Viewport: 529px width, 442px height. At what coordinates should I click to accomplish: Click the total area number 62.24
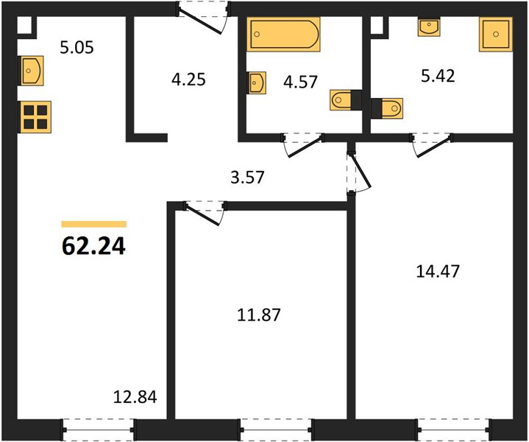[x=93, y=245]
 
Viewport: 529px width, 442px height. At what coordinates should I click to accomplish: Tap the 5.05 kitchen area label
[x=77, y=47]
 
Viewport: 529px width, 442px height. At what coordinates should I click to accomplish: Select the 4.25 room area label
[x=188, y=80]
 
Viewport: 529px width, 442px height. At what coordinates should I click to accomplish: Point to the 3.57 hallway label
[x=247, y=177]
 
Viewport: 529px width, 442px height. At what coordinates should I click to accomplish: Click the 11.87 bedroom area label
[x=259, y=315]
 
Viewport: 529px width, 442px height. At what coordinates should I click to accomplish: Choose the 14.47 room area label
[x=438, y=271]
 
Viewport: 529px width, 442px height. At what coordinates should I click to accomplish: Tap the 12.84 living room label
[x=135, y=397]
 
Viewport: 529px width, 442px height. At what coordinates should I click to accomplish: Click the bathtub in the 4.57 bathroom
[x=283, y=34]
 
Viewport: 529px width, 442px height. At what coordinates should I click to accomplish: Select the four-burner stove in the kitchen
[x=35, y=117]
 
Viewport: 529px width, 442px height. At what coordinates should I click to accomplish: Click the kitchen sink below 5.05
[x=31, y=71]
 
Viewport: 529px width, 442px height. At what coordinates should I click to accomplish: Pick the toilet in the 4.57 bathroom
[x=342, y=100]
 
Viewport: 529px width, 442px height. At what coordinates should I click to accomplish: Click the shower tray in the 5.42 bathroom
[x=496, y=35]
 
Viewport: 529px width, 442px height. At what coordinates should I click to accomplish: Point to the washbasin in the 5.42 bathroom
[x=429, y=27]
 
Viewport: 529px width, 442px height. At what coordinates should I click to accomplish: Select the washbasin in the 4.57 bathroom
[x=257, y=83]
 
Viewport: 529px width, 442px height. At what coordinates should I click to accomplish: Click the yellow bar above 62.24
[x=93, y=224]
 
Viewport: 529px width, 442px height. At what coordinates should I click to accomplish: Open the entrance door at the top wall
[x=203, y=18]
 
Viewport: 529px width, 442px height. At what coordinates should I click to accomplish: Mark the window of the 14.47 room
[x=454, y=429]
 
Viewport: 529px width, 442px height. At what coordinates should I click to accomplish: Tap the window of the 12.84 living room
[x=98, y=429]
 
